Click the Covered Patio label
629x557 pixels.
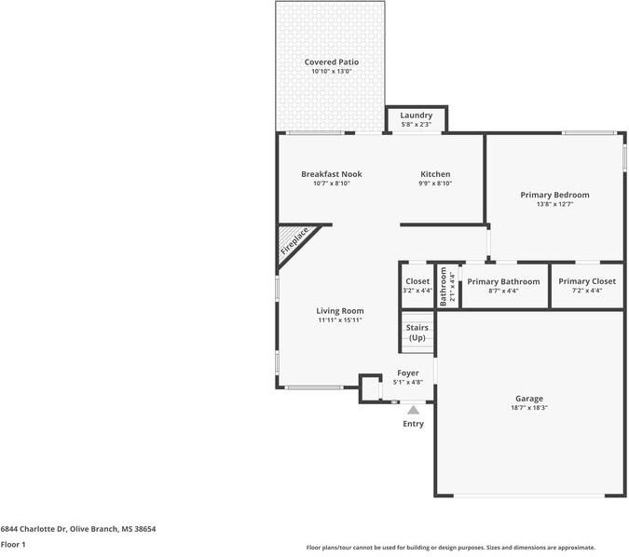pos(331,62)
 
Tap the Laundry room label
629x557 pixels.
pos(417,115)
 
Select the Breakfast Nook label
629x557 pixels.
pos(331,174)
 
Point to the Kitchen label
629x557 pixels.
pos(435,174)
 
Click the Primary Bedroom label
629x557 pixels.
pos(554,195)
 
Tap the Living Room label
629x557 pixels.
pos(339,311)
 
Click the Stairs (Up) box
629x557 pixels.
pos(417,333)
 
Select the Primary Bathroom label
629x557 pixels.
pos(503,281)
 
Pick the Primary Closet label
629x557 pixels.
pos(587,281)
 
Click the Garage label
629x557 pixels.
pos(529,399)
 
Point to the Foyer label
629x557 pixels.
pos(408,373)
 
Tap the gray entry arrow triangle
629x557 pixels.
pos(413,409)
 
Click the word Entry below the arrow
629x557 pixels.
pos(413,424)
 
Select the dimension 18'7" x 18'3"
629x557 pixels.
pos(529,408)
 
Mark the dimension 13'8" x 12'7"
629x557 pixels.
pos(554,204)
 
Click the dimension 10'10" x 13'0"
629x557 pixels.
pos(331,72)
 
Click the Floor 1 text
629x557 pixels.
pos(12,544)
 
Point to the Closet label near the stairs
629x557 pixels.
pos(417,281)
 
